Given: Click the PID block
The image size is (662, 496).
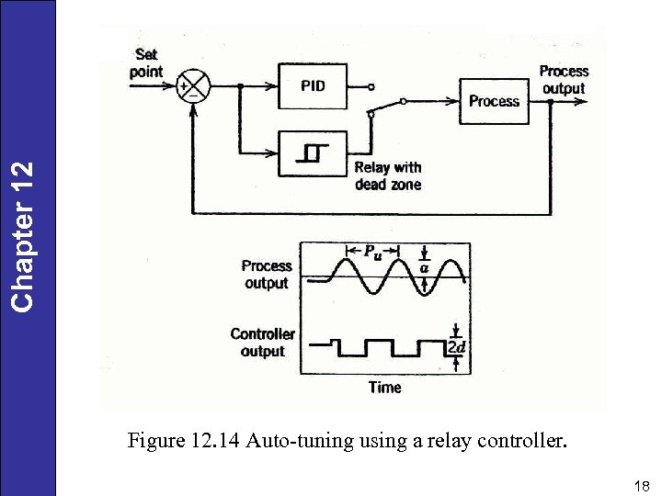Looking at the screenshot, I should [x=312, y=87].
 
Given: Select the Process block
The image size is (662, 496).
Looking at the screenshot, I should [x=494, y=101].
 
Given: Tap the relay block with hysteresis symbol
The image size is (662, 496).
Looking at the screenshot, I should [x=312, y=153].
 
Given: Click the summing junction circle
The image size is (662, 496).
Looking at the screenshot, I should [x=194, y=87].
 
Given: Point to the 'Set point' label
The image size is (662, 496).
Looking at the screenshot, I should [x=146, y=63].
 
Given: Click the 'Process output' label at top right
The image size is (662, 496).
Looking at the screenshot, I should [x=563, y=79].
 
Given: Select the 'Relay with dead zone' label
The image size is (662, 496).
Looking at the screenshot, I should [x=387, y=175].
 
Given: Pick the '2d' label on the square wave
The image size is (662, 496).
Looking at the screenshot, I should [x=456, y=347].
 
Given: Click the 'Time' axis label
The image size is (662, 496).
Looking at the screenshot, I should [x=384, y=388].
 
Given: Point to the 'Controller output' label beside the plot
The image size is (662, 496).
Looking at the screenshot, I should [x=263, y=343].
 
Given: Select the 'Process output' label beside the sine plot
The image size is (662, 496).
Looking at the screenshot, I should [x=267, y=274].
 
